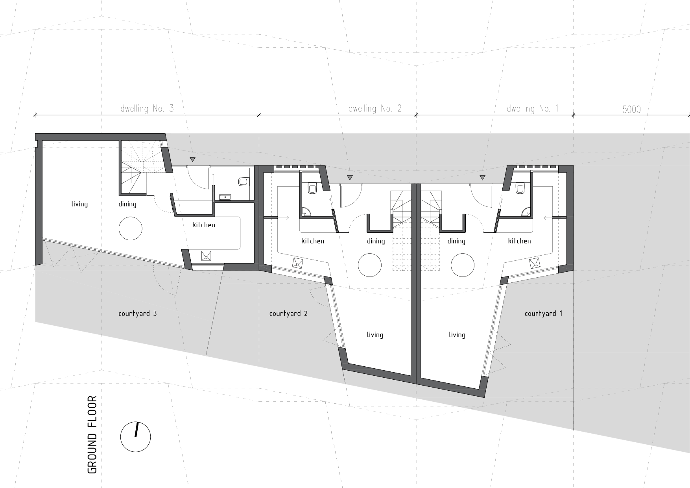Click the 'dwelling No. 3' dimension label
(x=147, y=109)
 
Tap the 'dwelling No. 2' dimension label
(x=375, y=109)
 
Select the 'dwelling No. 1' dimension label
(x=533, y=109)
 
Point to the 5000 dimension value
(x=631, y=109)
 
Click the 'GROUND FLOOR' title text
(x=92, y=434)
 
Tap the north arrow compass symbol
(x=136, y=437)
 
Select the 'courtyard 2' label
(x=288, y=314)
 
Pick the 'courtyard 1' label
(x=543, y=314)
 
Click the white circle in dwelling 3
(x=131, y=229)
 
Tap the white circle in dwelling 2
(x=370, y=265)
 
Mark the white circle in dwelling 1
(x=463, y=265)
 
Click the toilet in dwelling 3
(x=244, y=182)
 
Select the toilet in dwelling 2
(x=313, y=188)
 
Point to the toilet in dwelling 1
(x=520, y=188)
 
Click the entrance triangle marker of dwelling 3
(x=192, y=160)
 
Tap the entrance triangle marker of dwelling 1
(x=482, y=178)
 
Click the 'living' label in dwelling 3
(x=79, y=204)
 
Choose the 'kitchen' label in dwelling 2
(x=313, y=241)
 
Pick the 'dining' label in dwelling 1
(x=456, y=241)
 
